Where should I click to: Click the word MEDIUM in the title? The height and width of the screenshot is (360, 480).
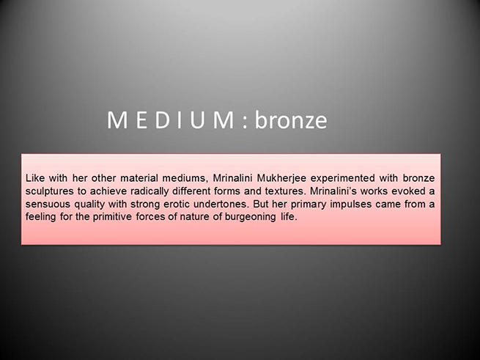click(171, 120)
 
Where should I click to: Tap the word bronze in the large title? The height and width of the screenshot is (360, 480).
click(291, 120)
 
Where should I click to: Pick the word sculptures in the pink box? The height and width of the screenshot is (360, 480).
click(49, 191)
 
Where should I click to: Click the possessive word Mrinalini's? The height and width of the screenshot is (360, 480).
click(333, 191)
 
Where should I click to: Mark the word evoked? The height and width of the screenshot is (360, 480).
click(407, 191)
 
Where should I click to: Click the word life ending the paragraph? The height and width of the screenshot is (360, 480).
click(289, 216)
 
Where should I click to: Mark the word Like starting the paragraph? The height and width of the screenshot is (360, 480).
click(35, 178)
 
